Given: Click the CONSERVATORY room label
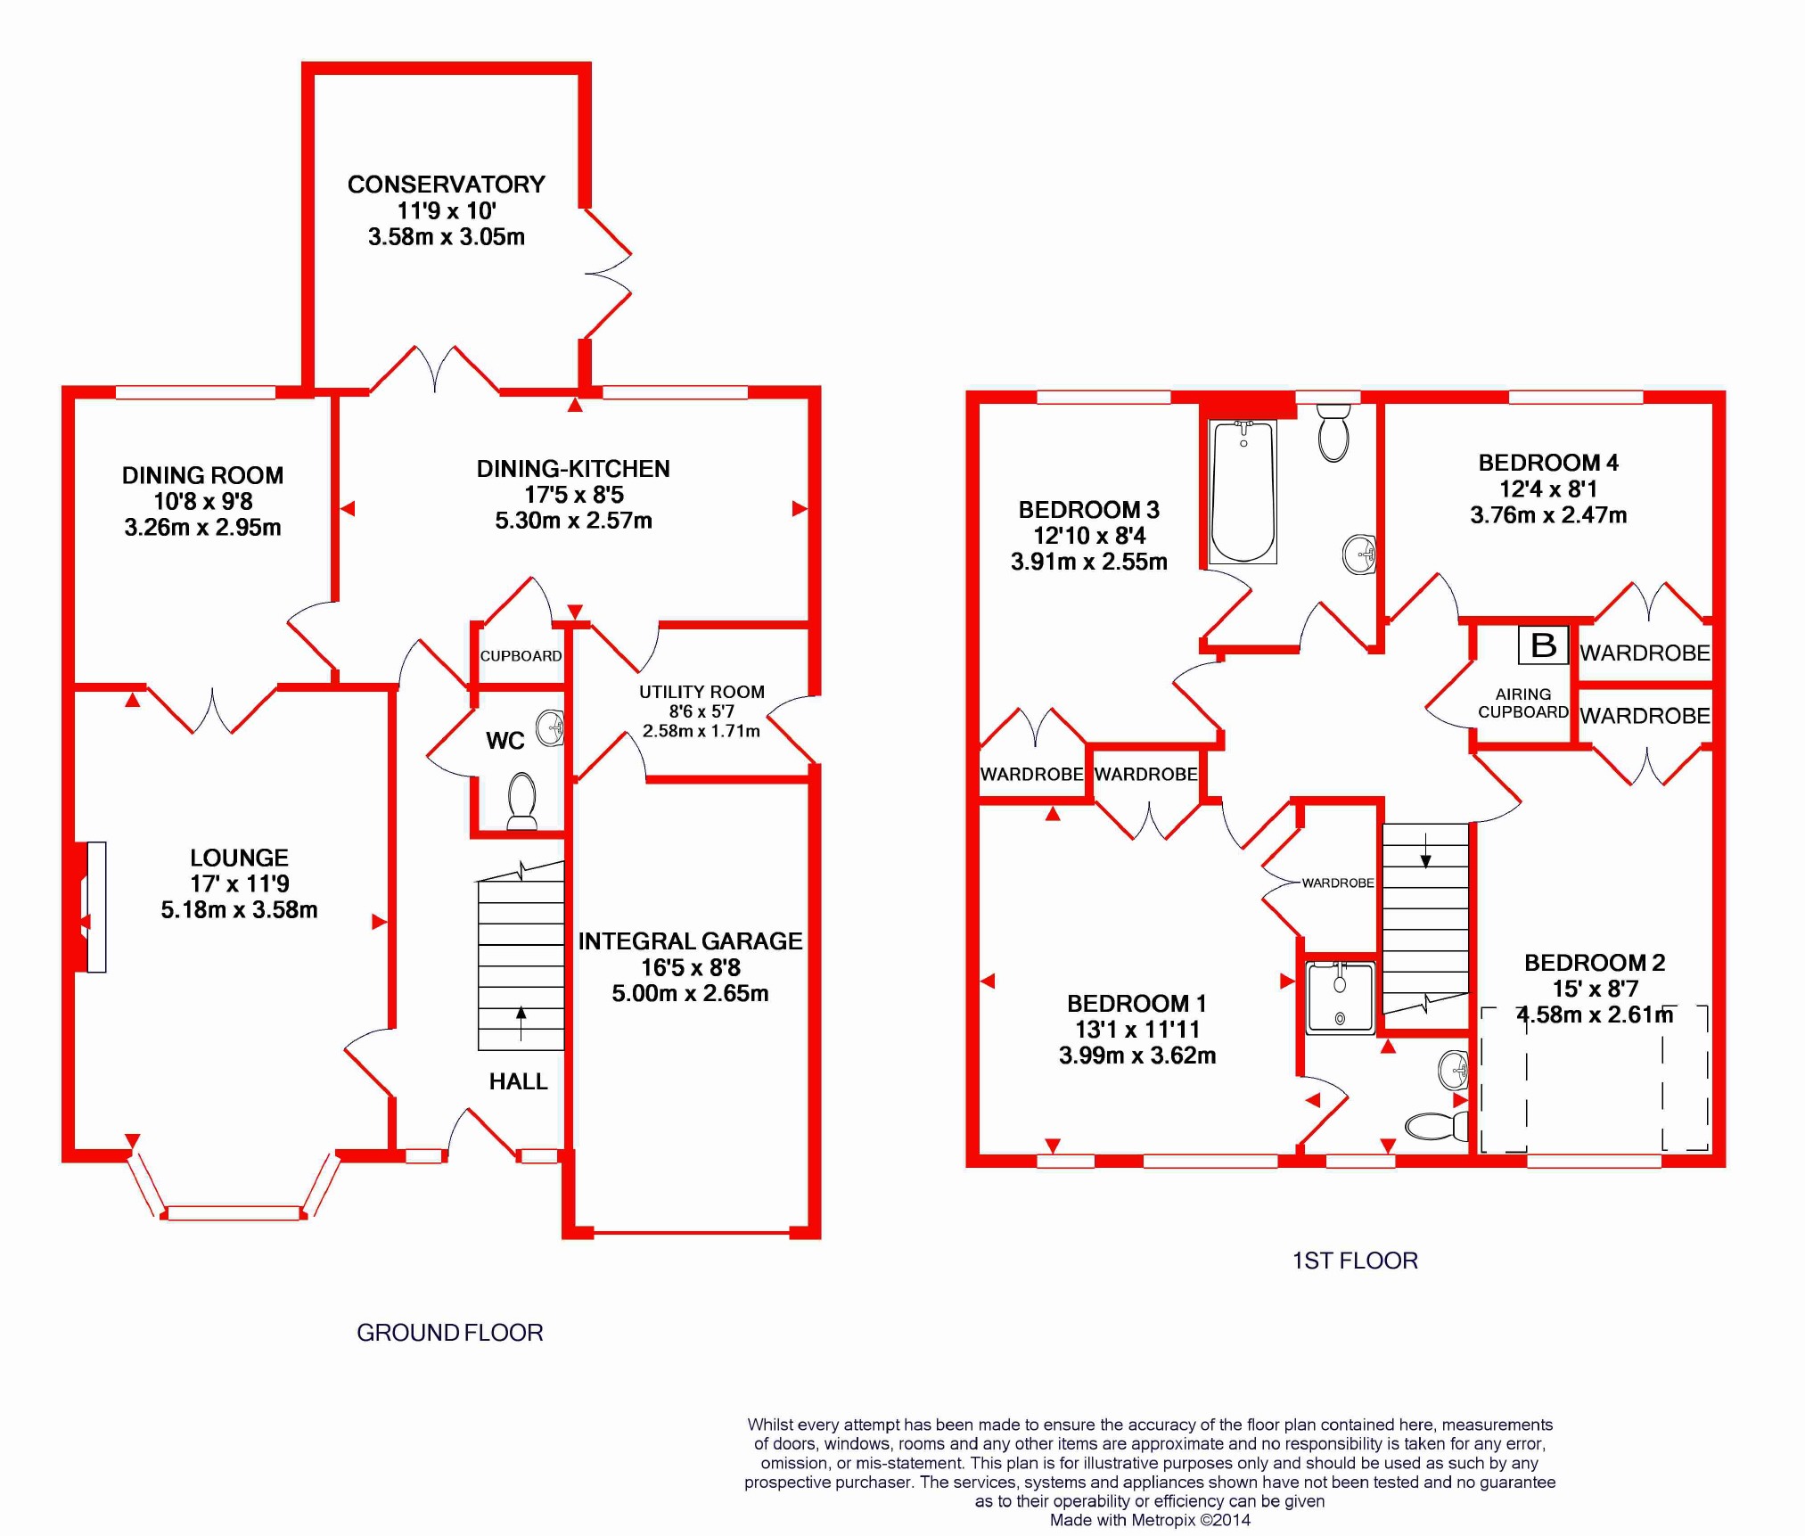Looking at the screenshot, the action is click(x=446, y=185).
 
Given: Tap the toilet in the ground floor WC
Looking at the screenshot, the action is click(x=521, y=801).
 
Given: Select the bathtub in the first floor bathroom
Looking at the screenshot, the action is click(x=1243, y=491).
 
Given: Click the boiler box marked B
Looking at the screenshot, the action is click(x=1544, y=645).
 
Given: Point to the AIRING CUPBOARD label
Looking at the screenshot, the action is click(x=1523, y=702).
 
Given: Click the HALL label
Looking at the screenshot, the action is click(x=518, y=1081).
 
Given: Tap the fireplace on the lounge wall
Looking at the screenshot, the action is click(x=93, y=907).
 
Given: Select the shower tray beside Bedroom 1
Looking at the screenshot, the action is click(x=1341, y=998).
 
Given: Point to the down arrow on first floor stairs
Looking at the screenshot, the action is click(x=1425, y=850).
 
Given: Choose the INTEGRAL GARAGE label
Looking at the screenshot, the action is click(x=690, y=941).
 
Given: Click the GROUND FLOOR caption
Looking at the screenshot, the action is click(x=450, y=1333).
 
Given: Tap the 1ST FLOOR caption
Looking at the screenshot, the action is click(x=1355, y=1261).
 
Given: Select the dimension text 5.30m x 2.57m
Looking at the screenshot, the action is click(x=573, y=521).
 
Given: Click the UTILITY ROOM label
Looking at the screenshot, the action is click(x=701, y=692).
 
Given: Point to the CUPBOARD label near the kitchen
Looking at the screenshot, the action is click(x=521, y=656).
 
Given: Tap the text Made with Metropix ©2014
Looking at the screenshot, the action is click(x=1150, y=1520).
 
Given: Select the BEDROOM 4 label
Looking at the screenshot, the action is click(x=1548, y=463).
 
